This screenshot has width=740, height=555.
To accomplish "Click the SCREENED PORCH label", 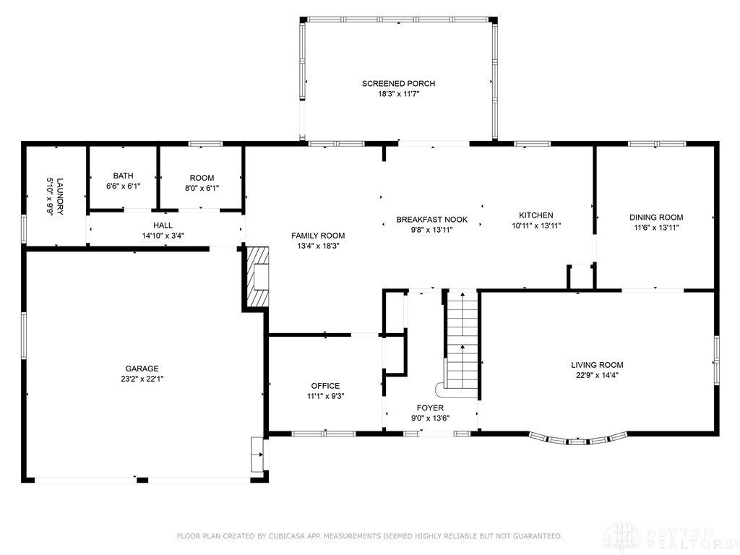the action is (398, 84).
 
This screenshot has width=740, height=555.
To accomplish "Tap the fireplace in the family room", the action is (257, 277).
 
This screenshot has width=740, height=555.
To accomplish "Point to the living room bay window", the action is (578, 439).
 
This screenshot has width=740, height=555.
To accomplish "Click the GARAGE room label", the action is (142, 369).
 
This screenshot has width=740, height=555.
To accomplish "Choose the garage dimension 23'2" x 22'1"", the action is (142, 379).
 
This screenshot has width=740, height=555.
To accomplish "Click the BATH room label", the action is (123, 176).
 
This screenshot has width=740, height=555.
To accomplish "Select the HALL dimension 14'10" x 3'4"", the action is (163, 236).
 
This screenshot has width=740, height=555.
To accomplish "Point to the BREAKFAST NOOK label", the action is (432, 220).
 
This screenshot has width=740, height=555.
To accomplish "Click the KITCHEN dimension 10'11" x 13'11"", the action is (536, 225).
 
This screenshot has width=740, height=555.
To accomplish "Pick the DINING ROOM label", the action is (656, 218).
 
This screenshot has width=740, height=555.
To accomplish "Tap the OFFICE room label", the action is (325, 386).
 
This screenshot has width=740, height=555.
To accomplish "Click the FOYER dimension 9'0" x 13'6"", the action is (430, 418).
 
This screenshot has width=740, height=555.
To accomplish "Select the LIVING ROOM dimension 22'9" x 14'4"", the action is (597, 376).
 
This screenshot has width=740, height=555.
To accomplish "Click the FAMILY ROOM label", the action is (318, 236).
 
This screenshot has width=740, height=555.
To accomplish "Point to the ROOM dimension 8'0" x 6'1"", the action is (202, 188).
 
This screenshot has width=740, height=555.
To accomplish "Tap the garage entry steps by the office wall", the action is (257, 455).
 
